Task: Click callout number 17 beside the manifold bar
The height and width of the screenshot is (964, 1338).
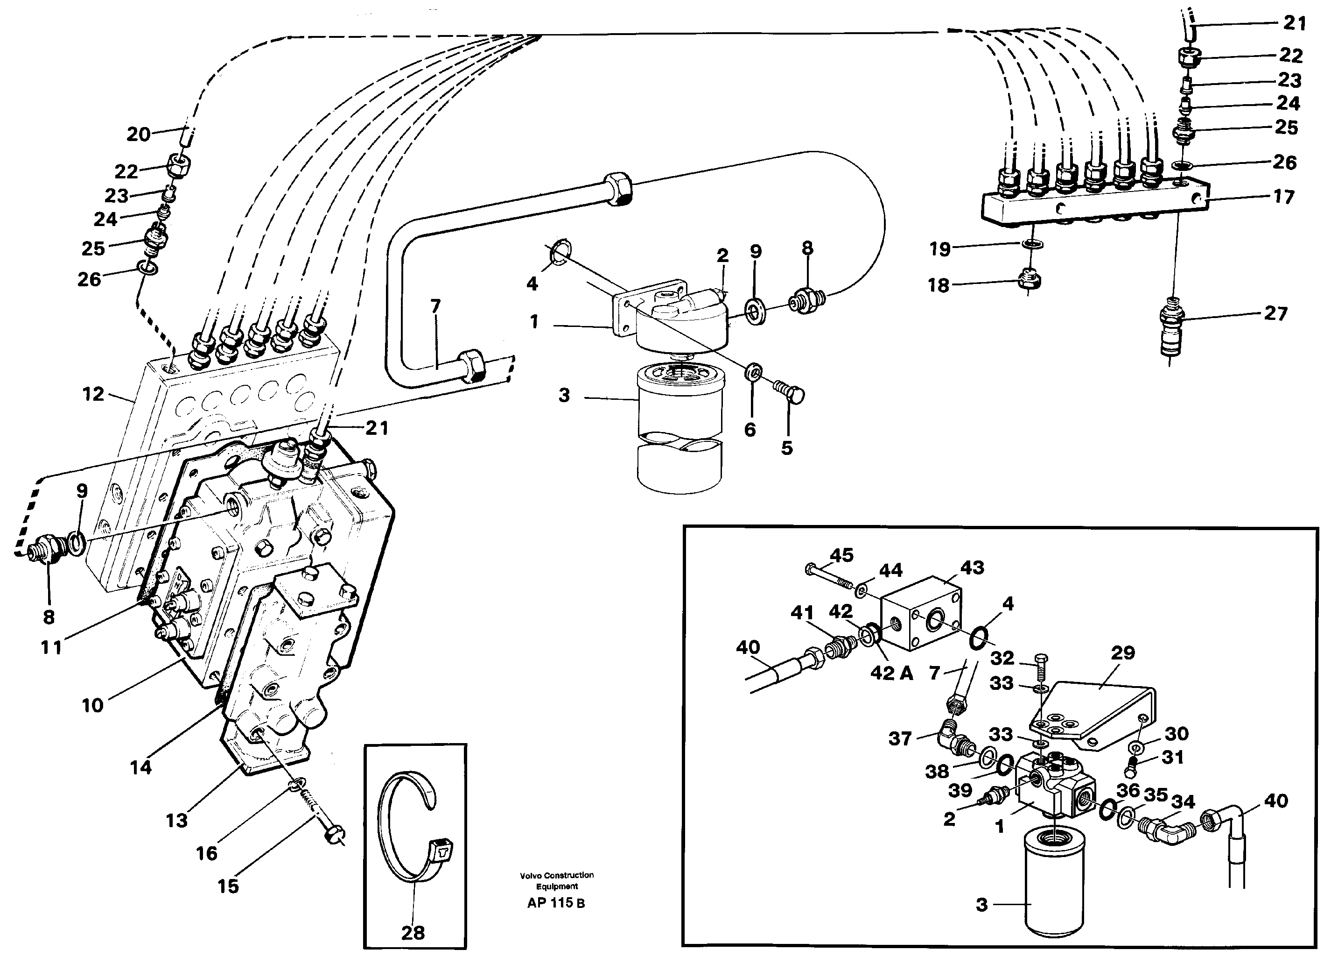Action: (x=1283, y=197)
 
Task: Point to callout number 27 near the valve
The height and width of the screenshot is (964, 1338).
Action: (x=1275, y=313)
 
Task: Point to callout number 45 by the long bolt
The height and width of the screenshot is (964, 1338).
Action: (x=841, y=555)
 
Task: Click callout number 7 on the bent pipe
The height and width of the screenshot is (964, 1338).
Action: (x=435, y=306)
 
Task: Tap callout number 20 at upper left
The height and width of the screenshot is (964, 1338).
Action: (x=139, y=134)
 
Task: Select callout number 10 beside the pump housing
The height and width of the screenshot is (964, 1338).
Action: (x=92, y=705)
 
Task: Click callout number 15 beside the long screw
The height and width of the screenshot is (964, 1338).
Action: (x=228, y=886)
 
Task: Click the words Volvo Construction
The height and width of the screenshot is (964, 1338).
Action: (x=556, y=875)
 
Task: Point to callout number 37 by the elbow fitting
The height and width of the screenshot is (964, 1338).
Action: (x=900, y=738)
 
